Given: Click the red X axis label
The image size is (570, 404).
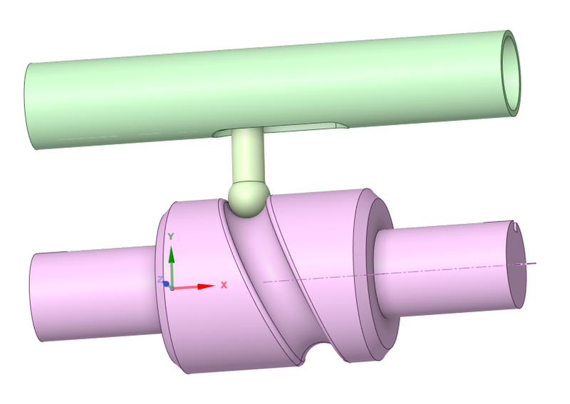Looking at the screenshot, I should pos(224,285).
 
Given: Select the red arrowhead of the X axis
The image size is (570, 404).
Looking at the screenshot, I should pos(207,287).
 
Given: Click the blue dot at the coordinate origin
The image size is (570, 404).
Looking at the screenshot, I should pos(166,284).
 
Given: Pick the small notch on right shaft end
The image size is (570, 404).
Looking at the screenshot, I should pos(514,228).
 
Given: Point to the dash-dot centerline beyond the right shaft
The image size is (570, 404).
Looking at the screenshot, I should pos(531,263).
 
